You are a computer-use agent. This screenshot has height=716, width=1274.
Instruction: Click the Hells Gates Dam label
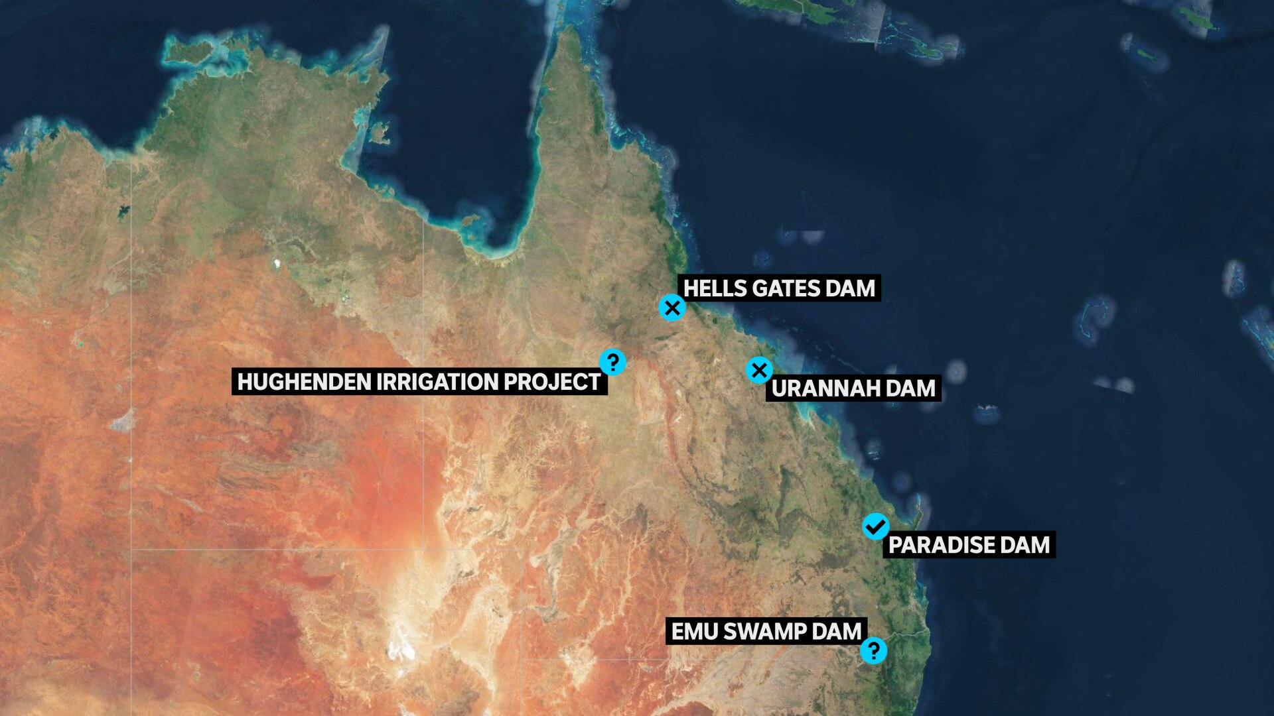(779, 288)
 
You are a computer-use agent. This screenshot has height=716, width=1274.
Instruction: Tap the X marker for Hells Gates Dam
(672, 308)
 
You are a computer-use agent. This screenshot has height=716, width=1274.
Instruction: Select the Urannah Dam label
(853, 388)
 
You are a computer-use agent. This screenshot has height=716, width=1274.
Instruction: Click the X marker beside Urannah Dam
(759, 370)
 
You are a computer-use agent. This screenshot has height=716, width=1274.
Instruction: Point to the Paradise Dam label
(969, 545)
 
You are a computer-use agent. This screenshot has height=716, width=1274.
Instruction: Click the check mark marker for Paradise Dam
(876, 526)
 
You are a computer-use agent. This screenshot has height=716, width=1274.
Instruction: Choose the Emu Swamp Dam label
(766, 631)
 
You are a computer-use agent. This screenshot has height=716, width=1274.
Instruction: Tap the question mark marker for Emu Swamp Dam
(873, 650)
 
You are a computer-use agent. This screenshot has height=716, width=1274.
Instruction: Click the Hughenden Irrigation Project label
(419, 382)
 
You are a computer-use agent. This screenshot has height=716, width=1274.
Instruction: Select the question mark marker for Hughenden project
(612, 362)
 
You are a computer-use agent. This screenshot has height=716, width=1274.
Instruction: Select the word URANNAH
(825, 388)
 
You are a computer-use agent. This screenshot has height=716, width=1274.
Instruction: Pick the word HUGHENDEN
(303, 382)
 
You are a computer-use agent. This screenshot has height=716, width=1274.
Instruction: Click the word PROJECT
(551, 382)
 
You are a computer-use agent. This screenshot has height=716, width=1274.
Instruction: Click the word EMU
(694, 631)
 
